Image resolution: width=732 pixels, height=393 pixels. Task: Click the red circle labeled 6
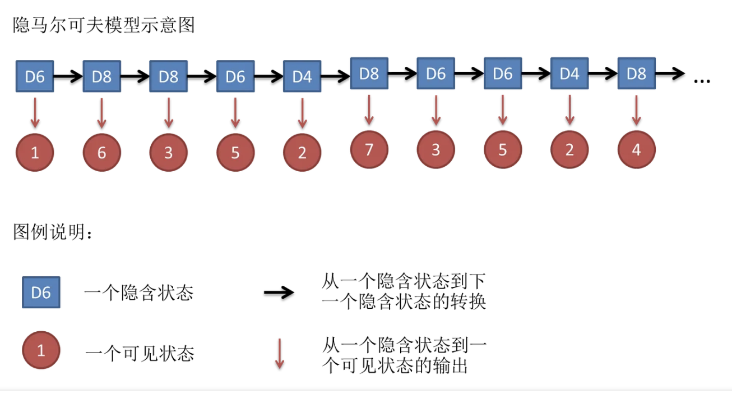pos(101,152)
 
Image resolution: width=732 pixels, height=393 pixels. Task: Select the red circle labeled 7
pos(369,149)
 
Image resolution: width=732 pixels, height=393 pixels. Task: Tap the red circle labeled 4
pos(636,150)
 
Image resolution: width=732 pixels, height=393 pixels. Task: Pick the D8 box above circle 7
pos(369,74)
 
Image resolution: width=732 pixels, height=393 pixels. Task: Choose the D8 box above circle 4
pos(636,74)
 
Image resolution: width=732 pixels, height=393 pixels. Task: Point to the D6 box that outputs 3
pos(436,74)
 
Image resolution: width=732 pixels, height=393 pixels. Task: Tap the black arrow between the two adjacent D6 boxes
pos(469,74)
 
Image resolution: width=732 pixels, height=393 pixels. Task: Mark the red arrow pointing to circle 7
pos(369,109)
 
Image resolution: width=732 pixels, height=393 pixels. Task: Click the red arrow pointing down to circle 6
pos(101,113)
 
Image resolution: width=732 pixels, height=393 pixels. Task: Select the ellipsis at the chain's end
pos(702,81)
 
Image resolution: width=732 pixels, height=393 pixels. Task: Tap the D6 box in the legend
pos(41,293)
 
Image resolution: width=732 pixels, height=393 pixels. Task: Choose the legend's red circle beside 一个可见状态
pos(41,351)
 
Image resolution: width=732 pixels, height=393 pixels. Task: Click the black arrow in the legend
pos(279,292)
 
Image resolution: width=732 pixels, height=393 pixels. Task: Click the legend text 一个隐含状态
pos(138,293)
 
